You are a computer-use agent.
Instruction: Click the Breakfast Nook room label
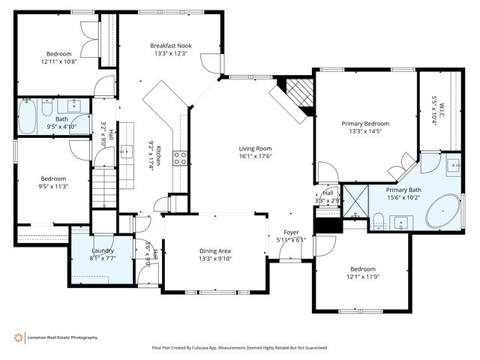[169, 46]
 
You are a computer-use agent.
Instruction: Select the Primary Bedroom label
[365, 124]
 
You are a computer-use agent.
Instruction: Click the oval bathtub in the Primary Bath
[444, 212]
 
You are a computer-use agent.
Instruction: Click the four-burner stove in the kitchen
[181, 157]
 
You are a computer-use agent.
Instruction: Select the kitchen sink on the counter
[127, 136]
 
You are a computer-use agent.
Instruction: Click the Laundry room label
[102, 250]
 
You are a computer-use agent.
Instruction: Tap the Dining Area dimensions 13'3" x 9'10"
[214, 259]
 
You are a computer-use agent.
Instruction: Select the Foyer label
[291, 232]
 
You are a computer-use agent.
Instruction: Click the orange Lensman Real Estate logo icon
[19, 337]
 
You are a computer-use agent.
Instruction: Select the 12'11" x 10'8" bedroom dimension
[59, 62]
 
